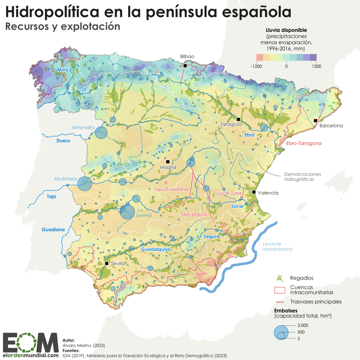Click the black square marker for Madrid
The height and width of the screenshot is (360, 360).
pyautogui.click(x=168, y=162)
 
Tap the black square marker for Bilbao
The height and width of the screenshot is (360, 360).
pyautogui.click(x=185, y=66)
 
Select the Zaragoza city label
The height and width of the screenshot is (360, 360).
pyautogui.click(x=231, y=124)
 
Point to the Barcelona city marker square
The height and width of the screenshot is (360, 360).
pyautogui.click(x=315, y=121)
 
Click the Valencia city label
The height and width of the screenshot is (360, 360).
pyautogui.click(x=268, y=193)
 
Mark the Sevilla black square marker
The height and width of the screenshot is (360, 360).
pyautogui.click(x=107, y=263)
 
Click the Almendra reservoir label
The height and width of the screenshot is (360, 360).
pyautogui.click(x=83, y=128)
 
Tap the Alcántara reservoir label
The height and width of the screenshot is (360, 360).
pyautogui.click(x=65, y=179)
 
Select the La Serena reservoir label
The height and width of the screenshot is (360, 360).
pyautogui.click(x=143, y=213)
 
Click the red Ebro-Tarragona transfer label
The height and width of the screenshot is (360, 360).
pyautogui.click(x=304, y=143)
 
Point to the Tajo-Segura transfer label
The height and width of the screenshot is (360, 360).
pyautogui.click(x=193, y=214)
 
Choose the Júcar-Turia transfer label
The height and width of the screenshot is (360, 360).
pyautogui.click(x=229, y=193)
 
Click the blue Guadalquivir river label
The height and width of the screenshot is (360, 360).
pyautogui.click(x=156, y=250)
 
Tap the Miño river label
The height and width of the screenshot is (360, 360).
pyautogui.click(x=63, y=70)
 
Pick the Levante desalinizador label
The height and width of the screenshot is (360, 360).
pyautogui.click(x=278, y=247)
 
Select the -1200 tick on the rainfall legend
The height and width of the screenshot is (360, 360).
pyautogui.click(x=256, y=66)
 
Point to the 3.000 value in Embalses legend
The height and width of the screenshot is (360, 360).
pyautogui.click(x=303, y=325)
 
